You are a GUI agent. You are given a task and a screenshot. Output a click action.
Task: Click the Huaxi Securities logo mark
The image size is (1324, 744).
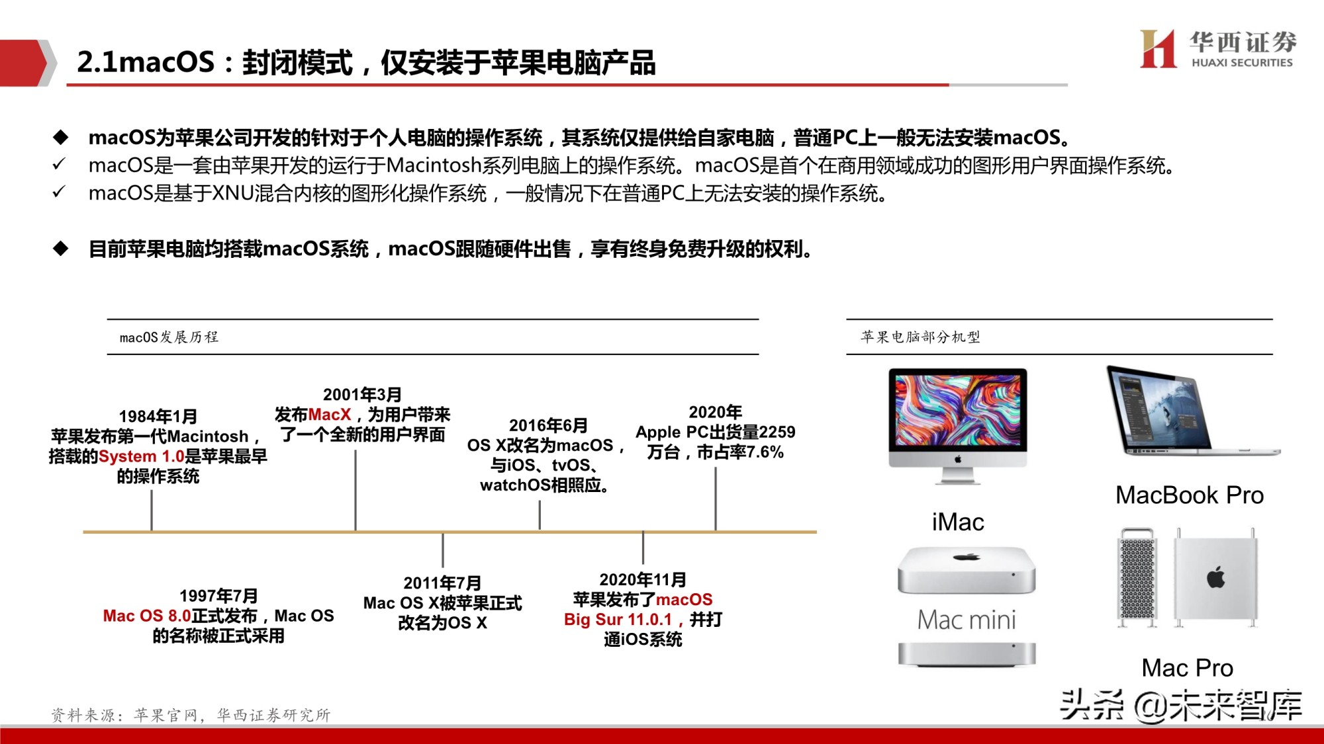1158,49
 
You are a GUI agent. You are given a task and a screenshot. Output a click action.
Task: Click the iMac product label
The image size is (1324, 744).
957,522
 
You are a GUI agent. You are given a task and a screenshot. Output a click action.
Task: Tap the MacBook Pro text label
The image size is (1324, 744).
1189,495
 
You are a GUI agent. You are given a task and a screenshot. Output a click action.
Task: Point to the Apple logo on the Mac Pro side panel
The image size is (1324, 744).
1215,577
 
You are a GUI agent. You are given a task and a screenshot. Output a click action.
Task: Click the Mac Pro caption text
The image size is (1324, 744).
1187,668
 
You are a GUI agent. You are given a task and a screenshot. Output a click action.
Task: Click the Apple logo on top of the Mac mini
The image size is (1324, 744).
967,558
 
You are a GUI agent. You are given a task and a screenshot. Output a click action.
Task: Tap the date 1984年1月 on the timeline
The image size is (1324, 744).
158,417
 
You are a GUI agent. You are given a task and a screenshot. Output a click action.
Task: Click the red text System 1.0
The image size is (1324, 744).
141,456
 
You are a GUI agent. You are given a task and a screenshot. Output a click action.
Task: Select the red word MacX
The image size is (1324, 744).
330,415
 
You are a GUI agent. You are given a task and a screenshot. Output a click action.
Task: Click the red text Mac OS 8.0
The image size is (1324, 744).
147,616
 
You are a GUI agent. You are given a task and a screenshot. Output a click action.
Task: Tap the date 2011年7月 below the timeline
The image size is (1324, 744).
442,583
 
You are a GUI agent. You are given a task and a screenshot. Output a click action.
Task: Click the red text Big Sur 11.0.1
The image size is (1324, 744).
618,620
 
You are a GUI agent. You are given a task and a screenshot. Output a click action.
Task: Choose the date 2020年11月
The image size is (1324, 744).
643,580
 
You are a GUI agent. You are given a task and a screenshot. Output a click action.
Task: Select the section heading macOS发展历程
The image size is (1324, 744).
169,337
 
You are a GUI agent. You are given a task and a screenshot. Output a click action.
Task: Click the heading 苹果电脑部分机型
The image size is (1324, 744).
920,337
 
